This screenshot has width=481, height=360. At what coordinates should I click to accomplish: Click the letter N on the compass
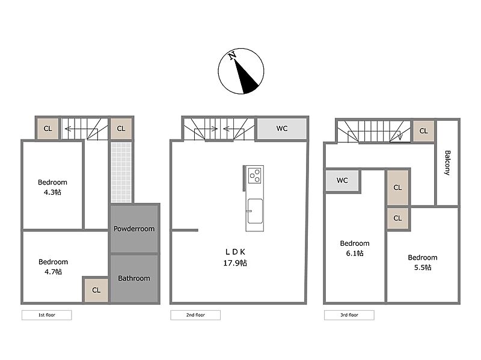pos(232,55)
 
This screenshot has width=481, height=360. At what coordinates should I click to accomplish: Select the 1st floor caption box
pos(47,315)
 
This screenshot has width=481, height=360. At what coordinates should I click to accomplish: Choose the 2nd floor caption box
pos(195,315)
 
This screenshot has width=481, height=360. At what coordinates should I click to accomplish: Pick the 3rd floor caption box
pos(349,315)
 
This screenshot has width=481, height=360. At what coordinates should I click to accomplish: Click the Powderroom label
pos(134,229)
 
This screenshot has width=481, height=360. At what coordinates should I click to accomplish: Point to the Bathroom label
pos(134,278)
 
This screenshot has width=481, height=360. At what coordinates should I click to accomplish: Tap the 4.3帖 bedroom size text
pos(52,192)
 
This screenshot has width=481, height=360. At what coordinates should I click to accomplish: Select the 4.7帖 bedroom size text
pos(53,272)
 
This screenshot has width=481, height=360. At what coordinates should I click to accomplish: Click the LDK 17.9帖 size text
pos(235,263)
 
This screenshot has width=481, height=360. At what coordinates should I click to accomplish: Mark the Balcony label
pos(447,163)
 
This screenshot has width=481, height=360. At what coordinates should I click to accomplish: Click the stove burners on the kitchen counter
pos(254,175)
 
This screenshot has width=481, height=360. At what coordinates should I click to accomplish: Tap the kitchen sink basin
pos(255,211)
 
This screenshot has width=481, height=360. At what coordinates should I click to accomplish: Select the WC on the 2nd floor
pos(282,129)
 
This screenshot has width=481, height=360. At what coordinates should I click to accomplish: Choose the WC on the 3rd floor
pos(342,180)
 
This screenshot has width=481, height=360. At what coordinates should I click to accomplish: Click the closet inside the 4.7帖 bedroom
pos(96,290)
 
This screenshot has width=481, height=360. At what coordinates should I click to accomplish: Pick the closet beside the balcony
pos(423,131)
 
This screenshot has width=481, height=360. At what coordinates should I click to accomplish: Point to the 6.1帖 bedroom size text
pos(355,253)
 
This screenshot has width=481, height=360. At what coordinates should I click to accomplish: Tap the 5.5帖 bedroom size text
pos(423,267)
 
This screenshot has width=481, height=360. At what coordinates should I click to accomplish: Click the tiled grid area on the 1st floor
pos(121,172)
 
